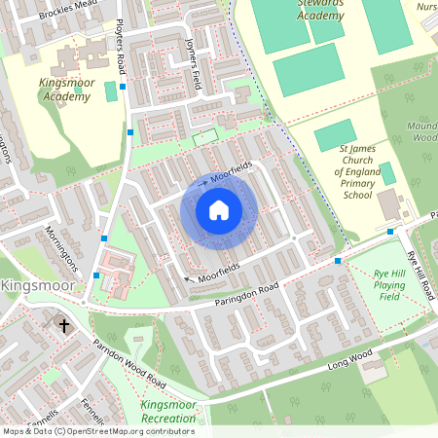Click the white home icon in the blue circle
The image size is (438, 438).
click(x=219, y=210)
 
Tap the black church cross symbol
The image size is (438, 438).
click(x=65, y=325)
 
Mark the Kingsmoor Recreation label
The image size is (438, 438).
click(x=167, y=411)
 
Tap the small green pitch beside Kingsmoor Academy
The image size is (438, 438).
click(x=110, y=91)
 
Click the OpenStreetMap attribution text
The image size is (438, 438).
click(x=97, y=431)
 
